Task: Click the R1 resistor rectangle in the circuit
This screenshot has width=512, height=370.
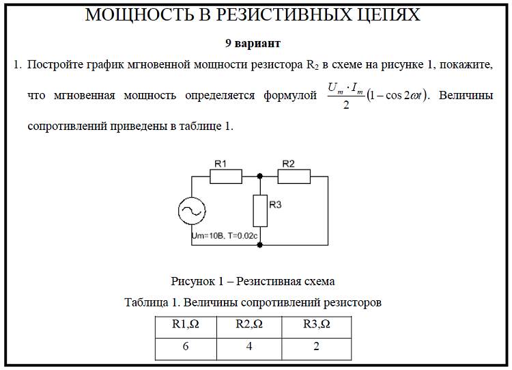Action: pos(226,176)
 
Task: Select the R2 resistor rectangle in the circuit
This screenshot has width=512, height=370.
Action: pos(294,176)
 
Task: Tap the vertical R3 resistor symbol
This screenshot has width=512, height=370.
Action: pos(260,211)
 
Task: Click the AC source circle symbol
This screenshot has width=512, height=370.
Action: pos(191,211)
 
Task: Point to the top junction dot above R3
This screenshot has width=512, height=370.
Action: pos(260,176)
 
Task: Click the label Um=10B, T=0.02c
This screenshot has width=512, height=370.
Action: pos(225,235)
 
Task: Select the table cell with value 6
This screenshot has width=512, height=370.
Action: pos(185,347)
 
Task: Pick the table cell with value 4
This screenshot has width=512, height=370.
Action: pos(249,347)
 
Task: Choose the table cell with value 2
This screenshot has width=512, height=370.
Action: pos(317,347)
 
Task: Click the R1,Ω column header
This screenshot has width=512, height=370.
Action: pos(185,325)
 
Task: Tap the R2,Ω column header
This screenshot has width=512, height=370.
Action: pos(249,325)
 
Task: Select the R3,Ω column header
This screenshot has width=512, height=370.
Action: pos(317,325)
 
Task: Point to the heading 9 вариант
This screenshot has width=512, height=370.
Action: pos(253,43)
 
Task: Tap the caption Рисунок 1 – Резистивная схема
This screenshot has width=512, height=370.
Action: pos(253,281)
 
